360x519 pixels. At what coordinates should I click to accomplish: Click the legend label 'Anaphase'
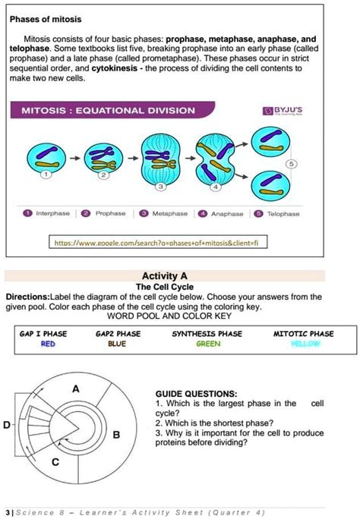click(x=226, y=214)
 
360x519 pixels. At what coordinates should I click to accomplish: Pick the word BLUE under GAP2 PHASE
click(x=118, y=344)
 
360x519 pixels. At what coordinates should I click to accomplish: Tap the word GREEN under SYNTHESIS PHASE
click(x=207, y=344)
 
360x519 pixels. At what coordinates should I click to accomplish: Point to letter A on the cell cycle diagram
click(x=75, y=388)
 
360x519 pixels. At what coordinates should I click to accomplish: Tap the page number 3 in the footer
click(x=6, y=511)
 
